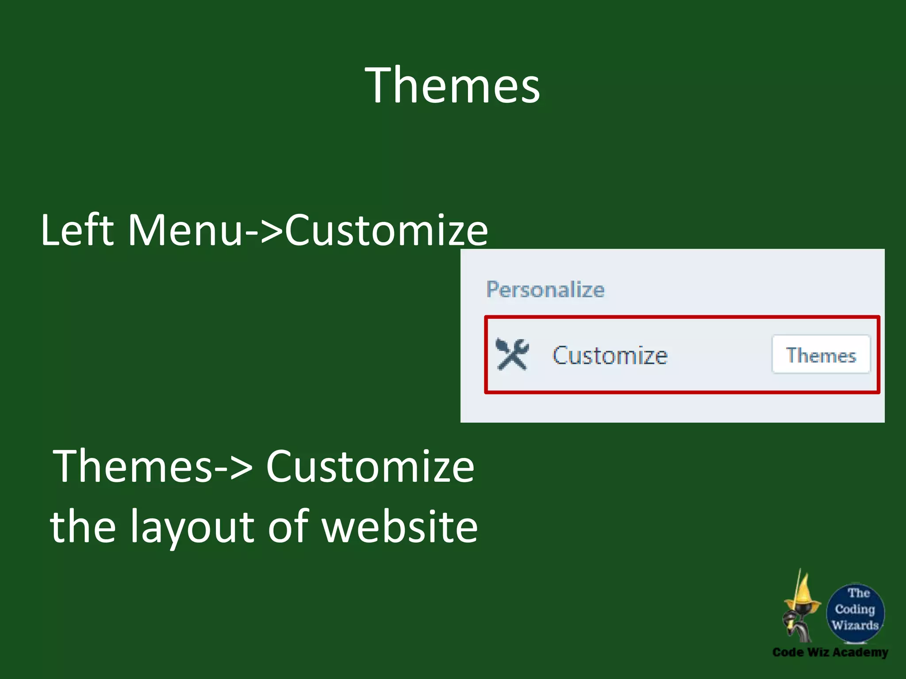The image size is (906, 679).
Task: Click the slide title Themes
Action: pyautogui.click(x=452, y=85)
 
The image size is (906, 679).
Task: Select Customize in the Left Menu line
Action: pyautogui.click(x=386, y=230)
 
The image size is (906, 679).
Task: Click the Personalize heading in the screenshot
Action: pyautogui.click(x=545, y=290)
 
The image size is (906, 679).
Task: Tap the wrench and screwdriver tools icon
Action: pyautogui.click(x=512, y=354)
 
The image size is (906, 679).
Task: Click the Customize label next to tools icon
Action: pyautogui.click(x=610, y=355)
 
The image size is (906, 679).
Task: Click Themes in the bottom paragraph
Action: pyautogui.click(x=133, y=466)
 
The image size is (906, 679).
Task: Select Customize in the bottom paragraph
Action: pyautogui.click(x=370, y=466)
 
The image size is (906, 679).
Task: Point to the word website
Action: pyautogui.click(x=399, y=526)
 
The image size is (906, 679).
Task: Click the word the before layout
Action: pyautogui.click(x=83, y=526)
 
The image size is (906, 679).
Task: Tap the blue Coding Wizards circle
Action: pyautogui.click(x=855, y=612)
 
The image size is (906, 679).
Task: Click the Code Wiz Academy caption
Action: pyautogui.click(x=830, y=652)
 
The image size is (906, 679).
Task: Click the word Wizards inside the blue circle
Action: pyautogui.click(x=855, y=625)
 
